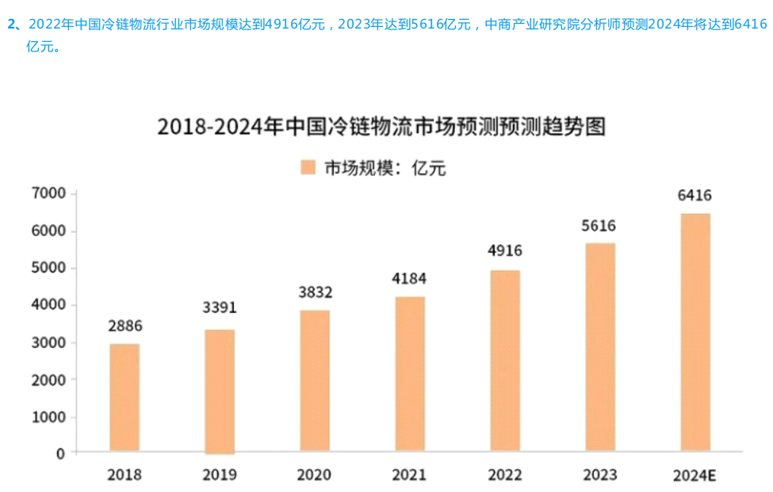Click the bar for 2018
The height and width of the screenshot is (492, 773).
[124, 398]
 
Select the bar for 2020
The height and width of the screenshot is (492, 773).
[315, 381]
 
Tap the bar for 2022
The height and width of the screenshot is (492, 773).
[505, 361]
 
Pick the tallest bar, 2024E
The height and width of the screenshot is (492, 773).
[695, 333]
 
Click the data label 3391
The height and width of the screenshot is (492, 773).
[220, 307]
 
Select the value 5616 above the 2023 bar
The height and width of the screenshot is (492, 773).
[599, 226]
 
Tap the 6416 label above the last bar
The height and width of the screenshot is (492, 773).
[695, 196]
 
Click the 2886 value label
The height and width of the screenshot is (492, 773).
[125, 325]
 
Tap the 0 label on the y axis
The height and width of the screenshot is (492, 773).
[60, 453]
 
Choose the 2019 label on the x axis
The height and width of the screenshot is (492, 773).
[220, 475]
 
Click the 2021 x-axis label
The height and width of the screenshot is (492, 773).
[409, 475]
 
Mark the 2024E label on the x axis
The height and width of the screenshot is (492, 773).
[695, 476]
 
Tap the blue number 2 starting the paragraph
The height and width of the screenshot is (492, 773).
[11, 24]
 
